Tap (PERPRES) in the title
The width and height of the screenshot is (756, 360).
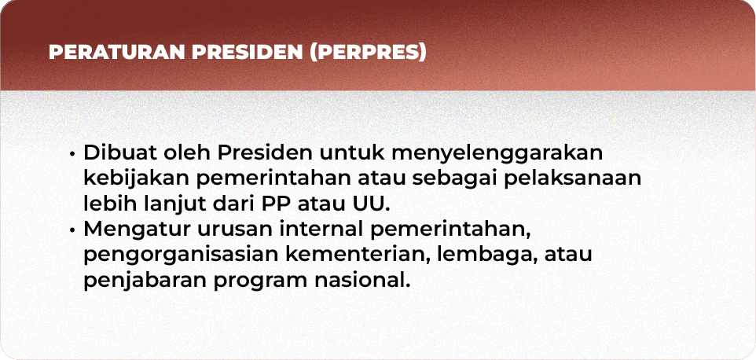pyautogui.click(x=368, y=53)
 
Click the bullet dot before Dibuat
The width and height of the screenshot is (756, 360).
pyautogui.click(x=72, y=154)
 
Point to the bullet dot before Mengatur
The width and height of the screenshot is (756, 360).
pyautogui.click(x=72, y=230)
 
